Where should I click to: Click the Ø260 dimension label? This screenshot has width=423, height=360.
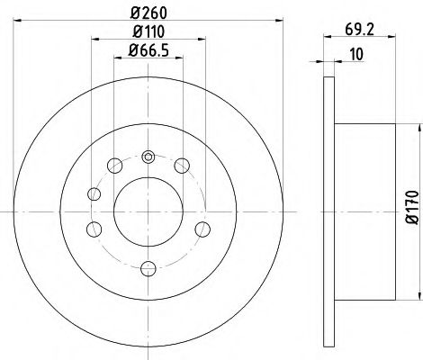[147, 13]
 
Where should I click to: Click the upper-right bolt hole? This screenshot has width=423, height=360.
[182, 164]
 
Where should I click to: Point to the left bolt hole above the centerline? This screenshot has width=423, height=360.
[94, 193]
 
